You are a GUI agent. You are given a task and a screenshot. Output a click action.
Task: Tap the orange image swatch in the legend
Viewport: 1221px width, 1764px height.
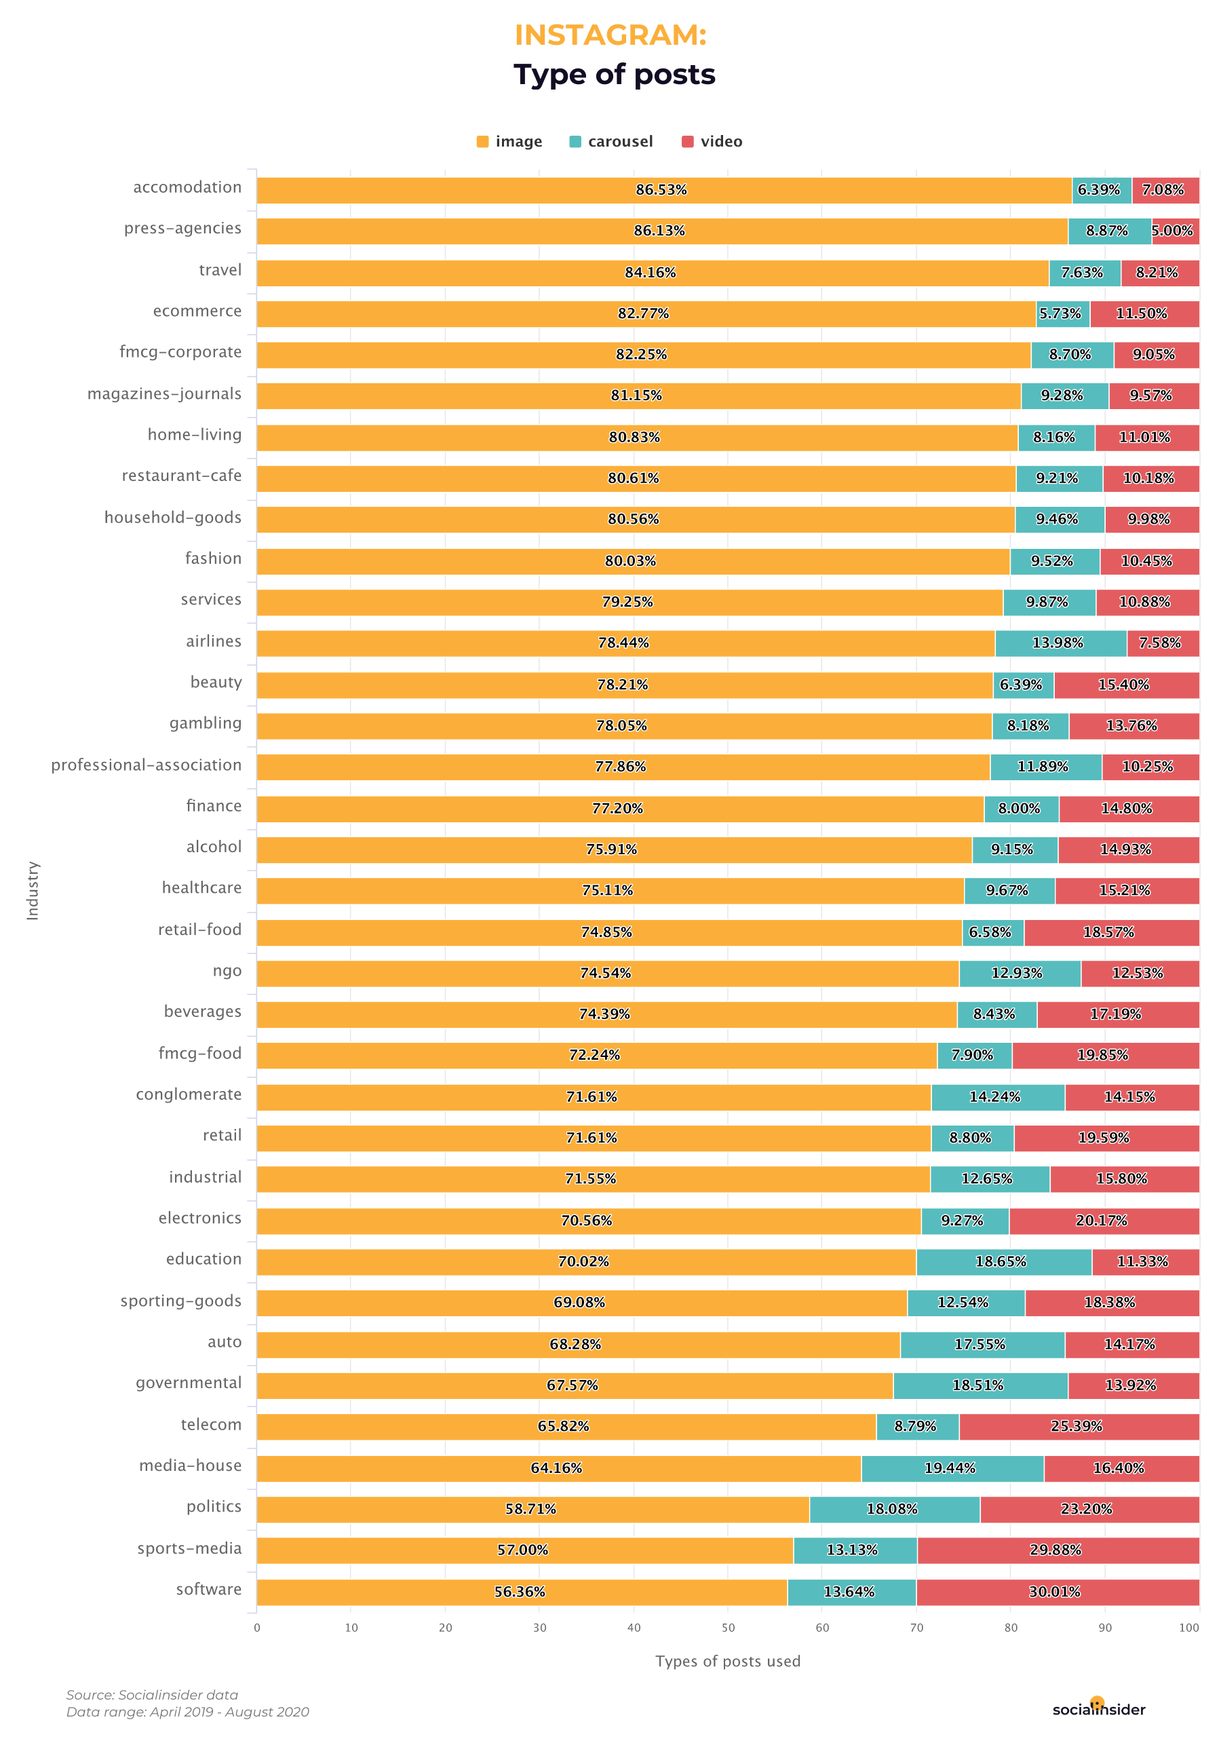[483, 142]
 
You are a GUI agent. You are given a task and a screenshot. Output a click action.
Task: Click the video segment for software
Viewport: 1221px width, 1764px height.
[1058, 1592]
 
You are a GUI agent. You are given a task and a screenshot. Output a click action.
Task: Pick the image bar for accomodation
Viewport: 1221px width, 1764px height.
[663, 190]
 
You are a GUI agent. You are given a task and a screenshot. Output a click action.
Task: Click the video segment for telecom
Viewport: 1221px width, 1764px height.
[1079, 1427]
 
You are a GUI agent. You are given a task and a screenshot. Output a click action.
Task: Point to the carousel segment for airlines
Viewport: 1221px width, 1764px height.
[1060, 643]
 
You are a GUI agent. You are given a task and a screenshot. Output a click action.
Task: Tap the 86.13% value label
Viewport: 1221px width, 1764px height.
[659, 231]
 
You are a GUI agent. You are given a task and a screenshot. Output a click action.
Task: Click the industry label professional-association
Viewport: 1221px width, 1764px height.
[146, 765]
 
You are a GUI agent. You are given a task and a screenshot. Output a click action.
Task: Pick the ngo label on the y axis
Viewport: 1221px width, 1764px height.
[227, 971]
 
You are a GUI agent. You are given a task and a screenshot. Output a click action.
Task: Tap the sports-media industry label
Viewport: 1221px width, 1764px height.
[189, 1548]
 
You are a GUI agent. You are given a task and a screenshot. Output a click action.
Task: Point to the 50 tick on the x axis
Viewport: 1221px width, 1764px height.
[728, 1628]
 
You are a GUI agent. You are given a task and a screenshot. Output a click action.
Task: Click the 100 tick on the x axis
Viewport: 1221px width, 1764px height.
[1188, 1628]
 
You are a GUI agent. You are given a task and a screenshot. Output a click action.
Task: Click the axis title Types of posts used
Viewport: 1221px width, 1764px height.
[728, 1662]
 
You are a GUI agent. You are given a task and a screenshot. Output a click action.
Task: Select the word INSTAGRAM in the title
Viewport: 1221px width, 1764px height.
[610, 35]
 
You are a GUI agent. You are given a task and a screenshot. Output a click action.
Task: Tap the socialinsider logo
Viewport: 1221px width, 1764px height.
[1099, 1710]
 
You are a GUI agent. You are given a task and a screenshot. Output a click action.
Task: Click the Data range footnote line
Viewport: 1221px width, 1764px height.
[187, 1712]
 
